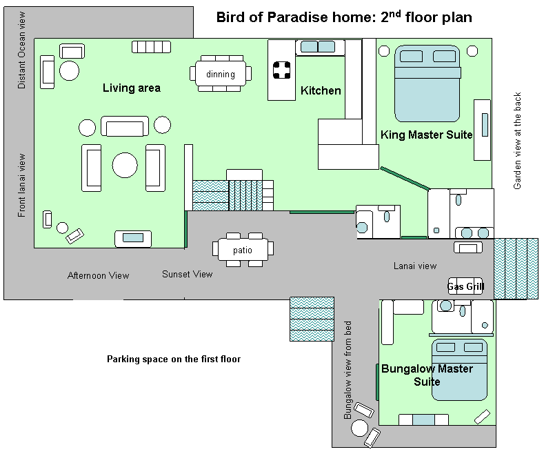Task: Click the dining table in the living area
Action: point(221,74)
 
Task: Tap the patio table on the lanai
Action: point(243,250)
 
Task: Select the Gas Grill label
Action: point(465,286)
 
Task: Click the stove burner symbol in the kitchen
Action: point(281,70)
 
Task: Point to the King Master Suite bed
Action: point(427,83)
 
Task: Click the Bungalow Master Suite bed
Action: point(459,370)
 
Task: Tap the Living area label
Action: point(132,88)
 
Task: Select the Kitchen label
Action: point(321,90)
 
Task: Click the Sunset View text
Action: point(188,274)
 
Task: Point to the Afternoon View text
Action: point(98,275)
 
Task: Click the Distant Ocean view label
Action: point(21,50)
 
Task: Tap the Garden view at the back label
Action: point(517,141)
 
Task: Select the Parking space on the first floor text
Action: point(174,359)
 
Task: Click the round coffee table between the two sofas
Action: point(125,165)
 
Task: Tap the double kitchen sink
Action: point(317,46)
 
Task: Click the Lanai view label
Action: point(415,266)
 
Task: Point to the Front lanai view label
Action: point(21,186)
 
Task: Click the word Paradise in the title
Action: point(298,17)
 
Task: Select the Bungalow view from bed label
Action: point(347,370)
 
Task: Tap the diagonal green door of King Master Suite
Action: point(405,178)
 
